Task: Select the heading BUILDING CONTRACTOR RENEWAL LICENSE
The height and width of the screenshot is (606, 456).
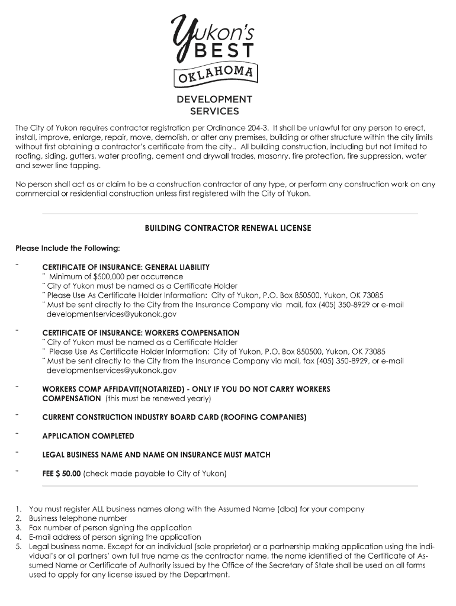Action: click(x=228, y=228)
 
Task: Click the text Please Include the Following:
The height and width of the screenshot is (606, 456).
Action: click(x=68, y=247)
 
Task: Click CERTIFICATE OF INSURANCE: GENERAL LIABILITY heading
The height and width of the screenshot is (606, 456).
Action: click(x=126, y=267)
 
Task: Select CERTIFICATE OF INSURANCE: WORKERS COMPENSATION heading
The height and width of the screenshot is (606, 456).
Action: click(x=141, y=333)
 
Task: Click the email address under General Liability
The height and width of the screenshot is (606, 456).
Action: click(x=111, y=314)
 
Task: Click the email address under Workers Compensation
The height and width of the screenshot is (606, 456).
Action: click(x=111, y=370)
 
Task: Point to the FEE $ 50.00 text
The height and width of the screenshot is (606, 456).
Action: click(x=62, y=473)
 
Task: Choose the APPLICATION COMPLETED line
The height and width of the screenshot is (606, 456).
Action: click(x=88, y=436)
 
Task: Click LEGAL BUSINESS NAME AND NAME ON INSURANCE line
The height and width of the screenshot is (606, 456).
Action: click(x=156, y=455)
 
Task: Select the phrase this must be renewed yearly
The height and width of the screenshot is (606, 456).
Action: click(x=158, y=398)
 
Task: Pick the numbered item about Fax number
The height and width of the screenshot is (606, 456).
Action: click(x=110, y=528)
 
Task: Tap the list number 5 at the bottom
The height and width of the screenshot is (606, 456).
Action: click(x=19, y=546)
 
